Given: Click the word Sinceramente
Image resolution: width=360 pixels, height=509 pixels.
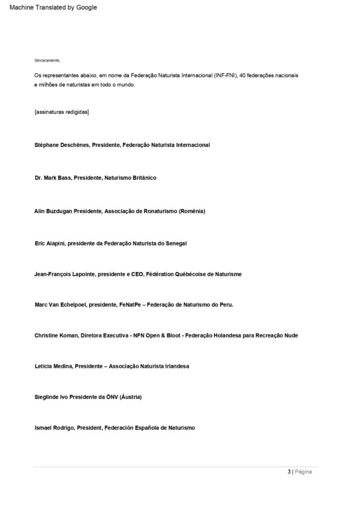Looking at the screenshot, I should click(x=47, y=60).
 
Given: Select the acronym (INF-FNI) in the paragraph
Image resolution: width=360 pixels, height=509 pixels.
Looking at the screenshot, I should click(x=225, y=75).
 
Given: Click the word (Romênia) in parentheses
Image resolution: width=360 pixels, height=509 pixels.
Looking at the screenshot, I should click(x=192, y=211).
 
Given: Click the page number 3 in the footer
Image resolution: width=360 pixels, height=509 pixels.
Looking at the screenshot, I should click(x=289, y=472).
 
